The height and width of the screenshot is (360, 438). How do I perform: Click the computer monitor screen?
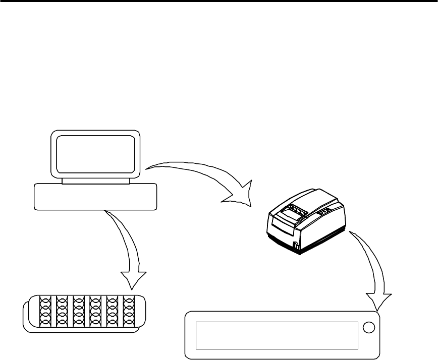pos(95,154)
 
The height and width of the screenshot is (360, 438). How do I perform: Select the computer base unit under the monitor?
pos(95,197)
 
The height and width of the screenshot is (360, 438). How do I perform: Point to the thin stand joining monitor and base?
pos(95,181)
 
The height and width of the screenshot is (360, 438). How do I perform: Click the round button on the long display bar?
pos(370,328)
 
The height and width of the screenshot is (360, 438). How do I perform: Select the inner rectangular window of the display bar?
pos(277,335)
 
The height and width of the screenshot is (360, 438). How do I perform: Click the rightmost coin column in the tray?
pos(130,312)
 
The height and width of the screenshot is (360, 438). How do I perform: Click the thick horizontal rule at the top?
pos(219,2)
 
